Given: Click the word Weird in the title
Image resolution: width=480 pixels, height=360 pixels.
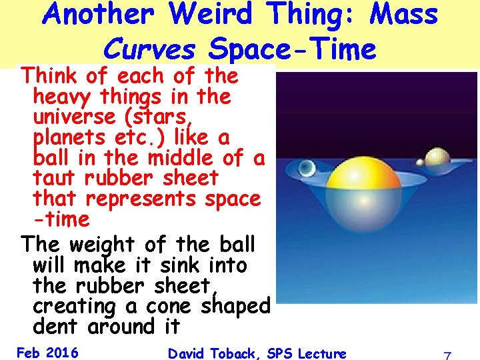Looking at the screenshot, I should click(211, 15).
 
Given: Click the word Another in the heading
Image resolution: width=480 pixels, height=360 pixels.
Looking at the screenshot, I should click(99, 15).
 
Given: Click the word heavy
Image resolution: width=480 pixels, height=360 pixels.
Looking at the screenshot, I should click(64, 97).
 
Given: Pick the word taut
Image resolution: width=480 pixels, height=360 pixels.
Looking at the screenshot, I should click(55, 178).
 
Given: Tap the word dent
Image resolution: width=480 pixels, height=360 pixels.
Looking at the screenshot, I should click(56, 327).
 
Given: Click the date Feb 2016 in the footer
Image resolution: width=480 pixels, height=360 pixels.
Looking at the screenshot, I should click(47, 352).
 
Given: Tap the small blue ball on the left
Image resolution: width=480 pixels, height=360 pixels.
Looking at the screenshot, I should click(307, 168).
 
